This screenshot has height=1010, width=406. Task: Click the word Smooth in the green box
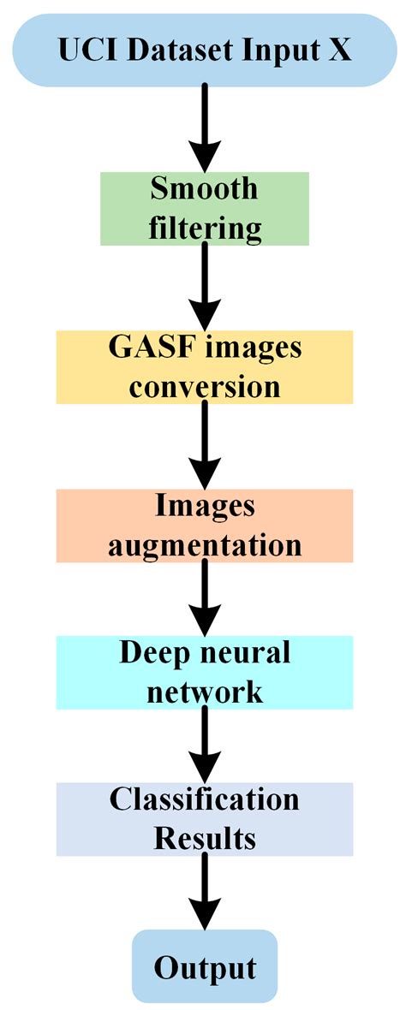pyautogui.click(x=204, y=188)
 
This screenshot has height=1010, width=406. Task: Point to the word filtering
pyautogui.click(x=204, y=229)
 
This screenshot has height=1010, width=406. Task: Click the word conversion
pyautogui.click(x=204, y=387)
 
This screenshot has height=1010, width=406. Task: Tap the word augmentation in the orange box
pyautogui.click(x=204, y=545)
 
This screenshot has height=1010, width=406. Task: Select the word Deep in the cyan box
pyautogui.click(x=153, y=652)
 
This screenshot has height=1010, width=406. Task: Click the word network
pyautogui.click(x=204, y=692)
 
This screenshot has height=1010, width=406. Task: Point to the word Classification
pyautogui.click(x=204, y=799)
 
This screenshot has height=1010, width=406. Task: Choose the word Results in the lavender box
pyautogui.click(x=204, y=838)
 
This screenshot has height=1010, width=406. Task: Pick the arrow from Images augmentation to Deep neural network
pyautogui.click(x=204, y=599)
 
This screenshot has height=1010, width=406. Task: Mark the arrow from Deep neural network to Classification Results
pyautogui.click(x=204, y=745)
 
